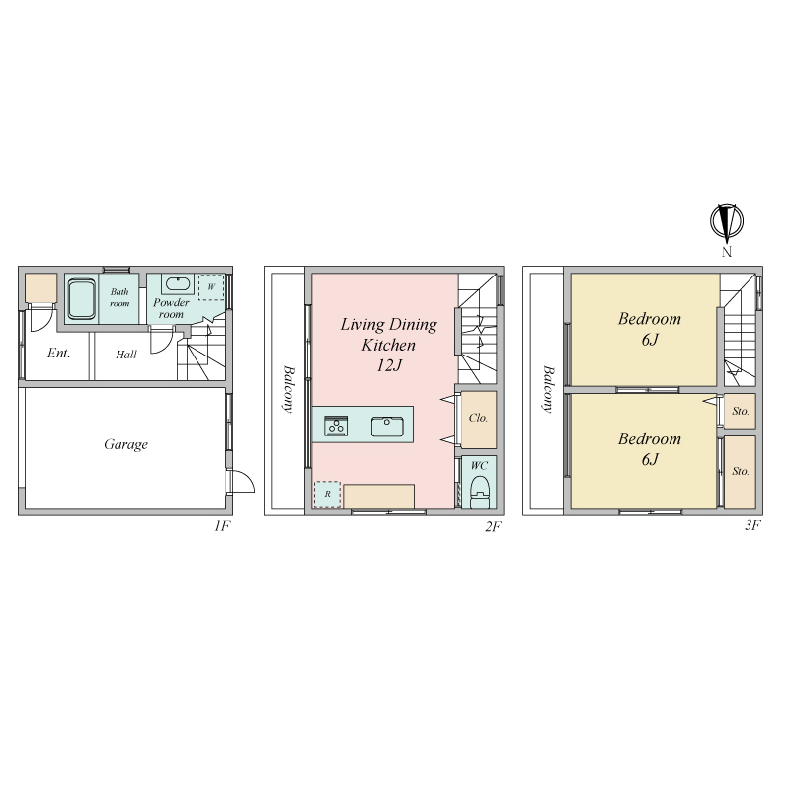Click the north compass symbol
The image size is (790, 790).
727,221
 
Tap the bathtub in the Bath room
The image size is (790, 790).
82,299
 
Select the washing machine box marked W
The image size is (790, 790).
211,287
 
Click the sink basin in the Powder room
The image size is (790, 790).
178,284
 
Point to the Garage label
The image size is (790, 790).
126,444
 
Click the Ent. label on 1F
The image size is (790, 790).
58,354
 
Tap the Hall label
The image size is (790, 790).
126,355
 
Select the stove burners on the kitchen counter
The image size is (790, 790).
336,427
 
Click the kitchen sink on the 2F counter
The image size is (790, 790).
387,427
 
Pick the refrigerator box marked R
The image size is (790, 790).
327,494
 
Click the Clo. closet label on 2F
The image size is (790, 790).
478,418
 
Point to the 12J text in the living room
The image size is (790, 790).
389,365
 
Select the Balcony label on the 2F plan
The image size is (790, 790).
288,389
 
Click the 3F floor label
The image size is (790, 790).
752,525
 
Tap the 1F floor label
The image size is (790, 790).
222,526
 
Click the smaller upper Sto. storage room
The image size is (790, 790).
740,411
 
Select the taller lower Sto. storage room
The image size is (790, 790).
740,472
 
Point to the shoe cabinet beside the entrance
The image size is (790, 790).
40,287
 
